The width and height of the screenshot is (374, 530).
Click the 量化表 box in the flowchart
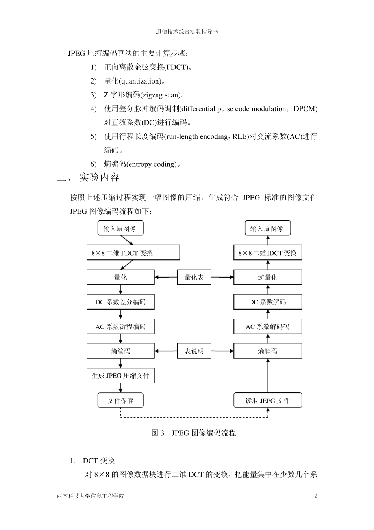(x=194, y=277)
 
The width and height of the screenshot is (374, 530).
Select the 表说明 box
(x=194, y=351)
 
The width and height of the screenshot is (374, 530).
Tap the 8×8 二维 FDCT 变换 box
(x=133, y=253)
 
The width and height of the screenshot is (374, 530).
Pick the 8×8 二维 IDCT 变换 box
(x=268, y=253)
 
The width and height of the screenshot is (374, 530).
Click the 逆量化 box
(x=268, y=277)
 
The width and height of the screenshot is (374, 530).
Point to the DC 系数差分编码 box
(x=120, y=302)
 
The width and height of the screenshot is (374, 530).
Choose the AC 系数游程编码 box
(x=120, y=327)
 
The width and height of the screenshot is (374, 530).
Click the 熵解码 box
(x=268, y=351)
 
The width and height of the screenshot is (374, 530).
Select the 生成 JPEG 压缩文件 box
(x=120, y=375)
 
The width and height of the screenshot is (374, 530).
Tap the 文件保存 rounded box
(x=120, y=401)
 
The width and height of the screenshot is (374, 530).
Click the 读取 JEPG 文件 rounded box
(x=268, y=401)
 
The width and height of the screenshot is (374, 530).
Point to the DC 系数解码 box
(x=268, y=302)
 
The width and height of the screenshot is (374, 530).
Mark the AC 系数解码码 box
(x=268, y=327)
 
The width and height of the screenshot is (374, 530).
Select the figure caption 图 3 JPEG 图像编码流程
(x=194, y=433)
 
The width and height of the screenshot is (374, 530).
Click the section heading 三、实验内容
(x=88, y=177)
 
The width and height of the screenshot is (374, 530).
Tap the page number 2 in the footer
(x=316, y=496)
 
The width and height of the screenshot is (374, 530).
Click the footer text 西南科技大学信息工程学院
(x=90, y=496)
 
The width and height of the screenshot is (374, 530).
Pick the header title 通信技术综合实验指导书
(x=187, y=32)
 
